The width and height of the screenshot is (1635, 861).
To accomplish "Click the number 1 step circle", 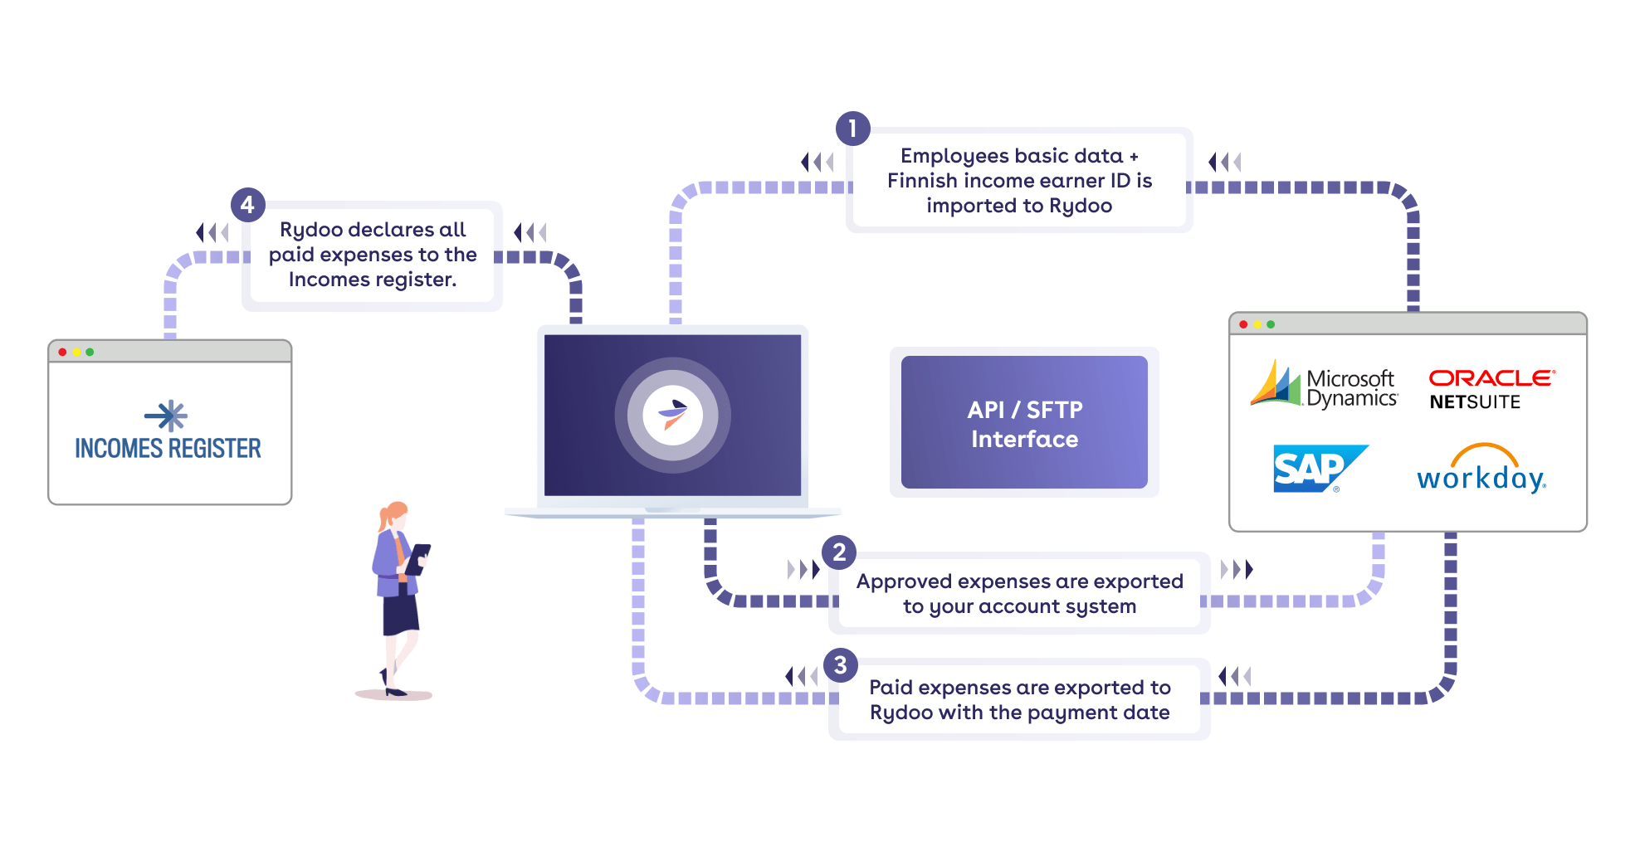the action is (x=852, y=129).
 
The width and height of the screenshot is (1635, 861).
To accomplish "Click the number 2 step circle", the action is (x=839, y=552).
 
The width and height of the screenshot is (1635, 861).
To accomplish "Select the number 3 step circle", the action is (x=840, y=665).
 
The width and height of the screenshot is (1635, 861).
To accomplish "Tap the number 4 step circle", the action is (x=247, y=204).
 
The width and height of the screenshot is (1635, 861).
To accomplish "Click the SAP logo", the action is (x=1320, y=469).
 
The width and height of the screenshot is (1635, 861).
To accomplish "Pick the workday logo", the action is (x=1482, y=469).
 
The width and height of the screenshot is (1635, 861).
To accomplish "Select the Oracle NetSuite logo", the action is (x=1491, y=389).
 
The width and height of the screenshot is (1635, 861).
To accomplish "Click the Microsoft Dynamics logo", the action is (x=1324, y=384).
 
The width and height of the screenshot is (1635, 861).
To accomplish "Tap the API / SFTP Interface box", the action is (x=1024, y=422).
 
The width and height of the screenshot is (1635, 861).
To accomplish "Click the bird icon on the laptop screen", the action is (x=673, y=413).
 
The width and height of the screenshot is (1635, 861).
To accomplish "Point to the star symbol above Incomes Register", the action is (x=167, y=416).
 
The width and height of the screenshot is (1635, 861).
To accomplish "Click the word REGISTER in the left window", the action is (x=215, y=449).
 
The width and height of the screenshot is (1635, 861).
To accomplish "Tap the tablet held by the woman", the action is (x=417, y=559).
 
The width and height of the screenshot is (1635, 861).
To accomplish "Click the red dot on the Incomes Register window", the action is (x=62, y=352).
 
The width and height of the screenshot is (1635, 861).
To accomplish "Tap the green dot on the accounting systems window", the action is (x=1271, y=324).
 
